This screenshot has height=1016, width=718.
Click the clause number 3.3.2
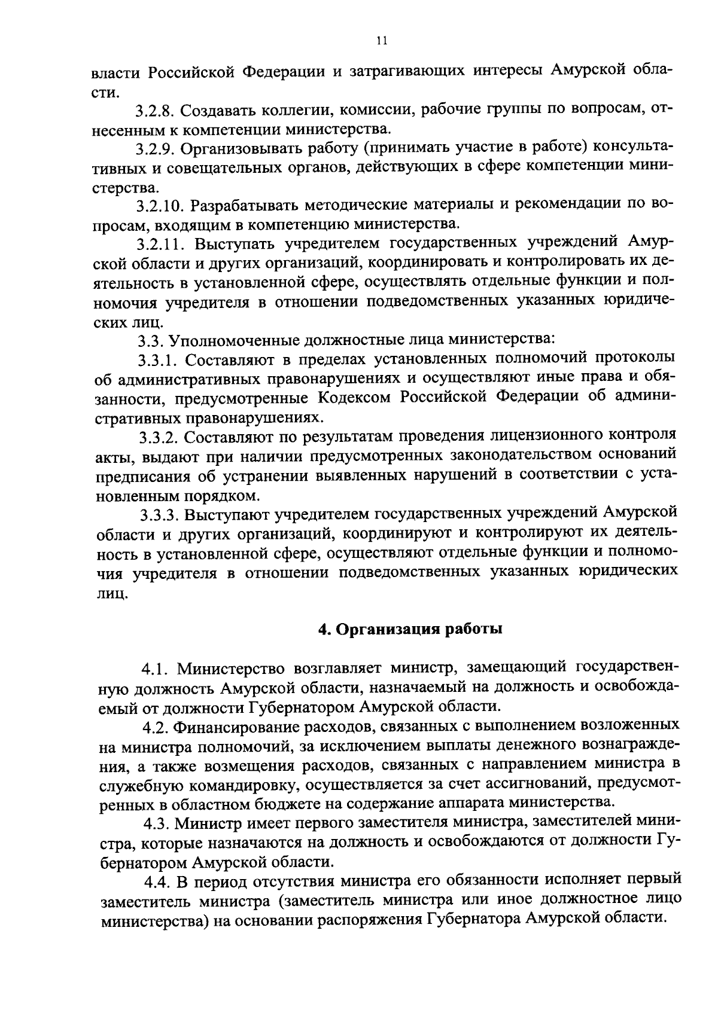pos(159,438)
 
